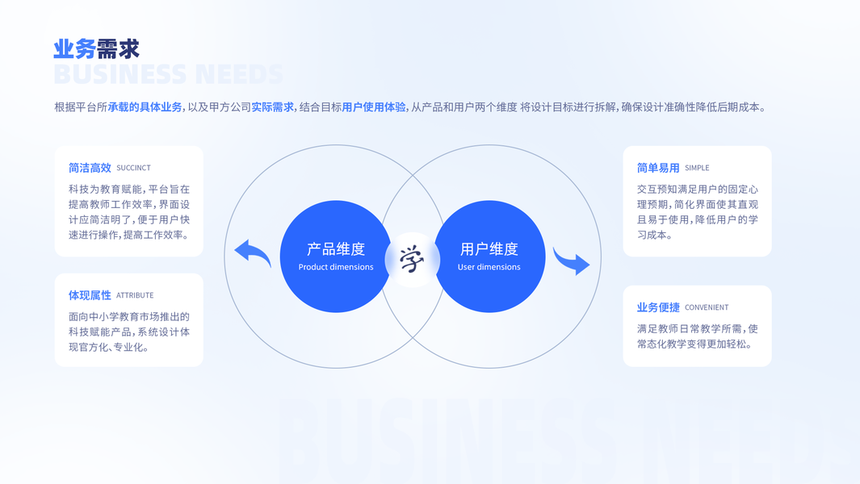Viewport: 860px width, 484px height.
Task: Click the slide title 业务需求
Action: point(96,49)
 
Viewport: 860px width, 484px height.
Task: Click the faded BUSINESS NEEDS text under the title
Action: point(168,75)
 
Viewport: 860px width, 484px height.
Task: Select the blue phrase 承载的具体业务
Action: point(145,107)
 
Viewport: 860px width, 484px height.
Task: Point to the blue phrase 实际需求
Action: point(272,107)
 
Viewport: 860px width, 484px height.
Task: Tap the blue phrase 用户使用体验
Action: point(373,107)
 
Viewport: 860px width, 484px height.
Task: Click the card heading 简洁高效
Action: point(90,168)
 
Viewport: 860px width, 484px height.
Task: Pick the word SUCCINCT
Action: point(133,169)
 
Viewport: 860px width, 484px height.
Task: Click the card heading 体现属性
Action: point(90,295)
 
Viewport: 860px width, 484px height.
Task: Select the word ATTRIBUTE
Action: point(135,296)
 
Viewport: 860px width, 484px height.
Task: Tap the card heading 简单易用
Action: point(658,168)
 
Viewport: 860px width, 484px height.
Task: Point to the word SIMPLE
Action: point(697,169)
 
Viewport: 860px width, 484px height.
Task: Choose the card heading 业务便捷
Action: point(658,307)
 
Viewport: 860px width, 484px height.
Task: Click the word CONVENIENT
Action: point(707,308)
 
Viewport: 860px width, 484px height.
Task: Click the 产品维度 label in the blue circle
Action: point(336,249)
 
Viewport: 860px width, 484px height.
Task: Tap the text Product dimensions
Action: point(336,267)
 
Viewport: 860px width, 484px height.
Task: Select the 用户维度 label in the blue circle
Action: point(489,249)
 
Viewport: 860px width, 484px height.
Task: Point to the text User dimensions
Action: point(489,267)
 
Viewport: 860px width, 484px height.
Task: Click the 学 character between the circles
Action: point(412,260)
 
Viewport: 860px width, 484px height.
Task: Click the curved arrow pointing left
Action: point(253,253)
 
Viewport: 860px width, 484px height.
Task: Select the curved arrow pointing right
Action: point(572,261)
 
